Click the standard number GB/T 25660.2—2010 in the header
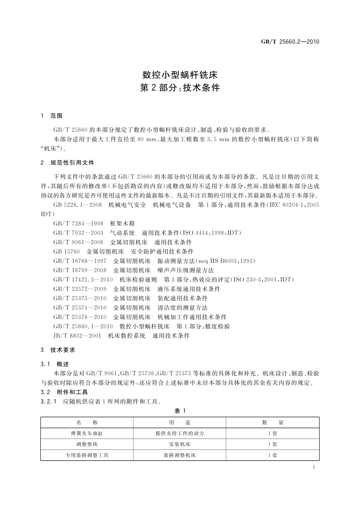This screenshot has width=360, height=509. [x=290, y=42]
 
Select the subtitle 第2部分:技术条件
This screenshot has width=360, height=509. [x=180, y=88]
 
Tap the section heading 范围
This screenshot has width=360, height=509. [x=56, y=116]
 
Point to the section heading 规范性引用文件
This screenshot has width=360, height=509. [x=72, y=163]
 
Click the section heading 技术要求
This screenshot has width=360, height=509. [x=63, y=350]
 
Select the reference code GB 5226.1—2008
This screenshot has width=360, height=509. [x=78, y=205]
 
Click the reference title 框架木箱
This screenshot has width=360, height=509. [x=122, y=223]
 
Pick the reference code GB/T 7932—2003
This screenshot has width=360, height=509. [x=78, y=233]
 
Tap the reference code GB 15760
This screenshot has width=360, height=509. [x=67, y=251]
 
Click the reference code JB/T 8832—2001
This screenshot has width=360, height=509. [x=77, y=336]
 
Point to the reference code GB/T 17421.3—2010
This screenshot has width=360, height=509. [x=83, y=279]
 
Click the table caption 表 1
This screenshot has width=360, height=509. [x=180, y=411]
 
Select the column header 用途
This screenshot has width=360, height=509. [x=180, y=423]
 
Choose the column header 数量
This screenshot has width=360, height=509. [x=272, y=423]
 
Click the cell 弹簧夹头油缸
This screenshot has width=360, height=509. [x=87, y=433]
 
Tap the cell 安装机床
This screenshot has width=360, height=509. [x=180, y=444]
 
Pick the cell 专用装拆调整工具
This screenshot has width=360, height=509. [x=87, y=455]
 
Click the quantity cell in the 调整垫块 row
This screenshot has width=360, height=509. [x=272, y=444]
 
